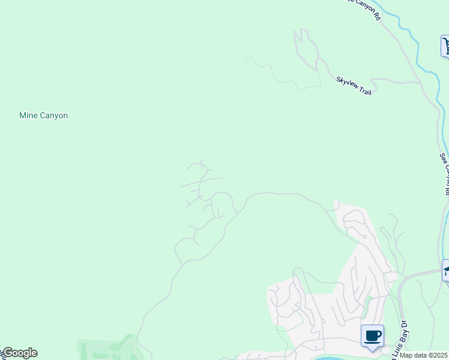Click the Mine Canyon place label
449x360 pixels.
coord(43,115)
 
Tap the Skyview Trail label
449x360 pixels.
coord(354,86)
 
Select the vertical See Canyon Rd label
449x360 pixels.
coord(445,173)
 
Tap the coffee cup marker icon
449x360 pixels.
coord(372,335)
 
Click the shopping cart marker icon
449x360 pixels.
coord(446,46)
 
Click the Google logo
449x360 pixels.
coord(19,353)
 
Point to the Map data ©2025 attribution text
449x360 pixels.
coord(424,355)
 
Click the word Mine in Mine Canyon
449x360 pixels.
coord(28,115)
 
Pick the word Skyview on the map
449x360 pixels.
coord(347,82)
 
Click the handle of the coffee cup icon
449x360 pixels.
coord(378,334)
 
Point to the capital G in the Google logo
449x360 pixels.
coord(7,353)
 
